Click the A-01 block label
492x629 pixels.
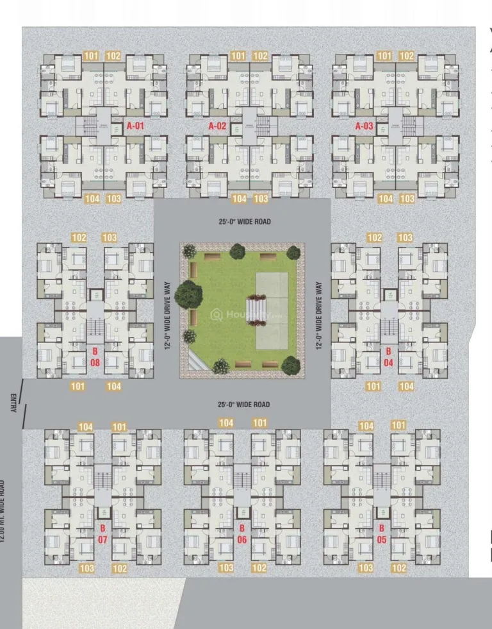(135, 126)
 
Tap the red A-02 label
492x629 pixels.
(217, 126)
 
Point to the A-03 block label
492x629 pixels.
(364, 126)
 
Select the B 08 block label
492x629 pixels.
(95, 356)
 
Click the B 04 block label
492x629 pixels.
(388, 356)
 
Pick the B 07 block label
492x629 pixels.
(102, 534)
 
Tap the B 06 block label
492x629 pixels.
(242, 533)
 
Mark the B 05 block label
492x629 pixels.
(381, 533)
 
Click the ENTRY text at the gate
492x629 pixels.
(13, 402)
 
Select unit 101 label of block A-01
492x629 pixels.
(91, 56)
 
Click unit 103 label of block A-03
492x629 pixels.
(407, 199)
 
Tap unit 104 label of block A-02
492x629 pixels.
(239, 199)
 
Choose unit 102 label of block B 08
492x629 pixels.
(79, 238)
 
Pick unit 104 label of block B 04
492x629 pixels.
(406, 386)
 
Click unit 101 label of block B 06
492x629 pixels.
(260, 423)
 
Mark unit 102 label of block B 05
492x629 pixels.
(398, 568)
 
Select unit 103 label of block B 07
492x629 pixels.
(86, 569)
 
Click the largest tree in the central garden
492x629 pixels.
(188, 294)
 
